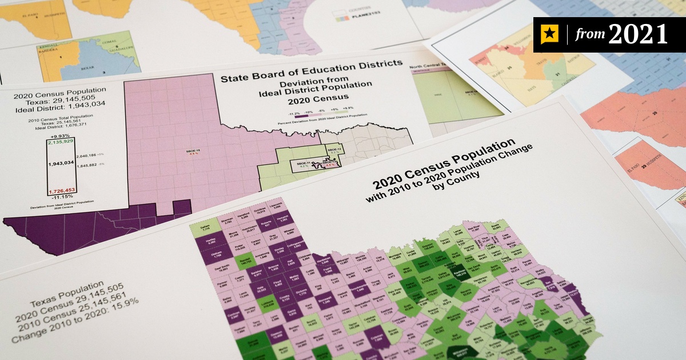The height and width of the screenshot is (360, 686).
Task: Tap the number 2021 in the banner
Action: pyautogui.click(x=637, y=34)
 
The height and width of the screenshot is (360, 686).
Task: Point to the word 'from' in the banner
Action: pyautogui.click(x=588, y=35)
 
